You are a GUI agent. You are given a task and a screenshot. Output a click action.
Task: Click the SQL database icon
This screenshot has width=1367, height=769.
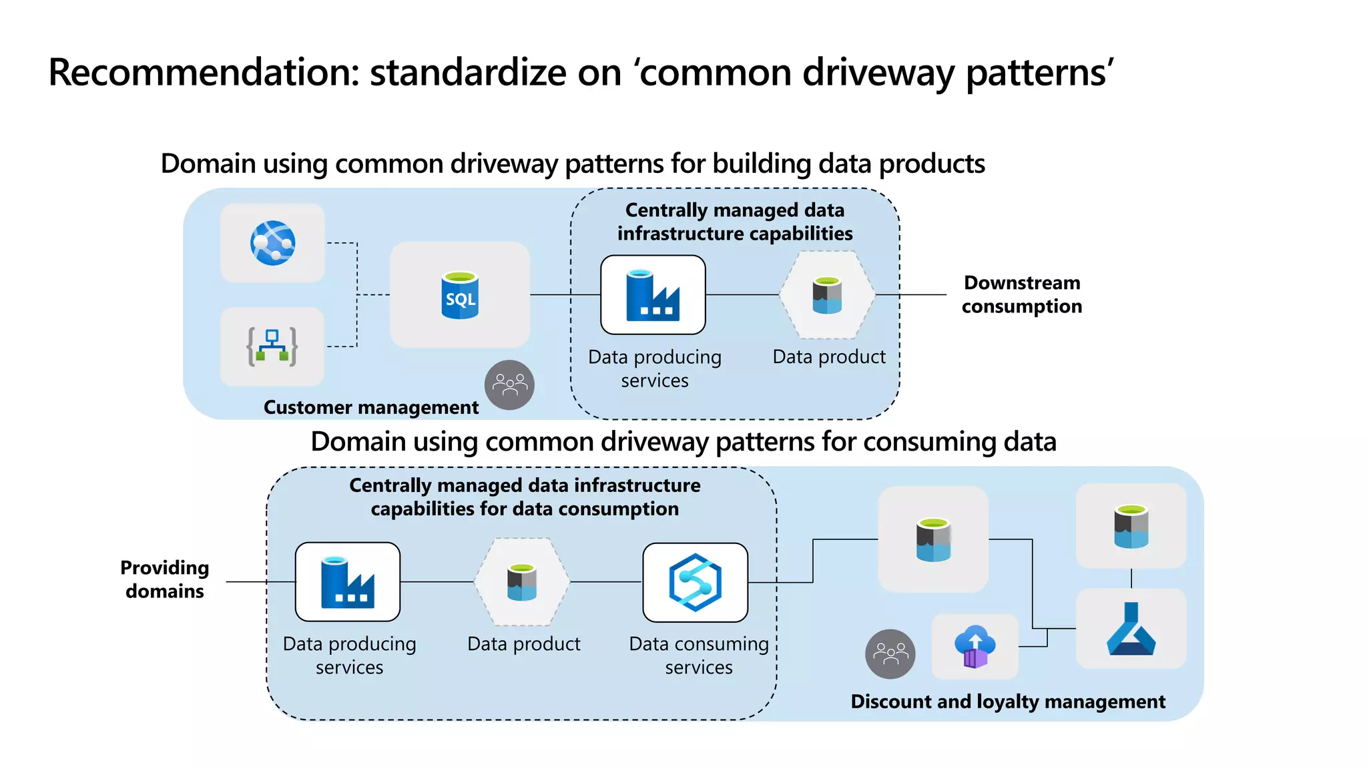[460, 294]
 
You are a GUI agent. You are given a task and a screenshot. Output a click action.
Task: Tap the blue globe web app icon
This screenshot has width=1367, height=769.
[272, 243]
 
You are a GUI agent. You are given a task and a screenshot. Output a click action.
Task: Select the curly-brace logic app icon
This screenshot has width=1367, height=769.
[272, 346]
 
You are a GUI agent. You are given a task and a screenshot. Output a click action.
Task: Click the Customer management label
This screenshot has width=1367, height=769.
[371, 407]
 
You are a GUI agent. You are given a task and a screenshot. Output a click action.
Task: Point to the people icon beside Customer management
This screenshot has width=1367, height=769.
[509, 385]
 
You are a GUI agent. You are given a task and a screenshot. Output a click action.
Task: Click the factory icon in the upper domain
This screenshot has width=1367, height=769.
[653, 295]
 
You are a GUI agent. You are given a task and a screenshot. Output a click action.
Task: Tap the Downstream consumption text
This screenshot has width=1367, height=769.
[1021, 294]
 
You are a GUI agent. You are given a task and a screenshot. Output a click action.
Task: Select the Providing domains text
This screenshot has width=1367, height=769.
[165, 579]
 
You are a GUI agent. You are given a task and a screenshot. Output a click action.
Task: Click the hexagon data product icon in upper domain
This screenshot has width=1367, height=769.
[827, 295]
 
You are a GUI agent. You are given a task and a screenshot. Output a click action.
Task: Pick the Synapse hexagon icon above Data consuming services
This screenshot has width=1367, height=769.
[695, 582]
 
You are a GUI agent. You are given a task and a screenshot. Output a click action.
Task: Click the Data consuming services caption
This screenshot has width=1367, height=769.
[698, 655]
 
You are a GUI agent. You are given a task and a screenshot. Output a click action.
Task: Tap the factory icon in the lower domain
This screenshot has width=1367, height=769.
[347, 582]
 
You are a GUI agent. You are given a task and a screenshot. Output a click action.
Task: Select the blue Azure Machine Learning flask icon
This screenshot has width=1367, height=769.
[1131, 629]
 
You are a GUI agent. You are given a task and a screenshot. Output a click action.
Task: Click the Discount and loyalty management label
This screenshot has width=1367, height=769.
[1007, 702]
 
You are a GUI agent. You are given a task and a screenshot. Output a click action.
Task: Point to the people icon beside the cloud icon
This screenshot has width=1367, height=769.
[890, 654]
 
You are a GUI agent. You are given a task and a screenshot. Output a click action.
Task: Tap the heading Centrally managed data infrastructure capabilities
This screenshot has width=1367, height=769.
[734, 222]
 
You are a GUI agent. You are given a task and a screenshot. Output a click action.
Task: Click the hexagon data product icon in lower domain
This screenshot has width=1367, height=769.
[522, 582]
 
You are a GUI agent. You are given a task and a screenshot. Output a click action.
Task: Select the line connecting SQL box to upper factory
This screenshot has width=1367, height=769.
[565, 294]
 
